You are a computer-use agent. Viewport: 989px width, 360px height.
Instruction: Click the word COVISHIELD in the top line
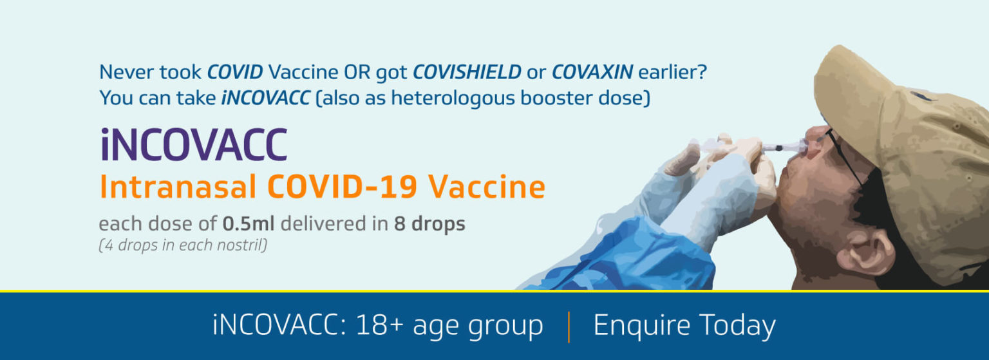click(x=467, y=72)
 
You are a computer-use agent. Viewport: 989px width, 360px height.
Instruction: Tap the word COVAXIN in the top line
click(x=592, y=72)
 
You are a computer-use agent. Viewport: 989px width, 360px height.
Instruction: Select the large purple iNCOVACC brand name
click(x=194, y=144)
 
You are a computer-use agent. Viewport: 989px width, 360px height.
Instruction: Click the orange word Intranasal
click(x=178, y=187)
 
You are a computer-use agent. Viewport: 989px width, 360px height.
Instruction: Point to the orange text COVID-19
click(x=342, y=187)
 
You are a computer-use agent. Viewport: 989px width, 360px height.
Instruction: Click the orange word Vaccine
click(x=487, y=187)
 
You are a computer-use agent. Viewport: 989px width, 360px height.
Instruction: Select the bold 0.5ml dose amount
click(x=249, y=223)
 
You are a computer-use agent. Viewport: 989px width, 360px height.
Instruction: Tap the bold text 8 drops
click(x=429, y=224)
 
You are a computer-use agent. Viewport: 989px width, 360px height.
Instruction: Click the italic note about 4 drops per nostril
click(x=183, y=245)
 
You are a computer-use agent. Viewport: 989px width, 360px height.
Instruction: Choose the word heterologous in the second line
click(x=453, y=98)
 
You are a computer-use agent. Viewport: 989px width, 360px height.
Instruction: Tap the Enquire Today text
click(x=684, y=326)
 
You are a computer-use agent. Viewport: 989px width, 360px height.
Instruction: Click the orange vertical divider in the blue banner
click(x=569, y=327)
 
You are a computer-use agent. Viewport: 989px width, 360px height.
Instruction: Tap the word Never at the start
click(x=127, y=72)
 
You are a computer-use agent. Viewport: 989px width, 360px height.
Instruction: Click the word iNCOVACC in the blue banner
click(x=279, y=326)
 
